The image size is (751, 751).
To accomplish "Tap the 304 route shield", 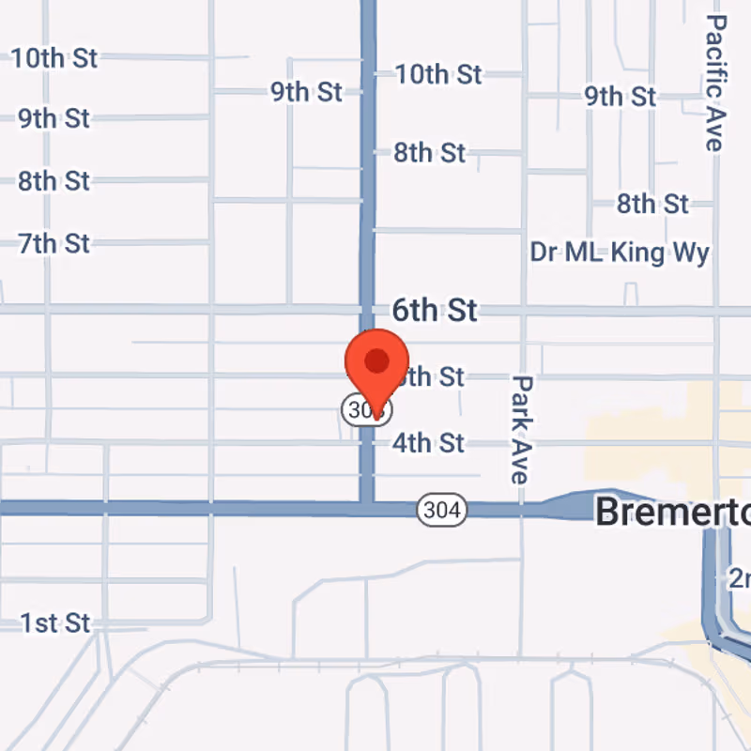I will point(441,510).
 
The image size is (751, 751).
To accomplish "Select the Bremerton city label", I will point(672,512).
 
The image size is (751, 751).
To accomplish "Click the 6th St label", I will point(435,311).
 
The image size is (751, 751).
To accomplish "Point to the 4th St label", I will point(428,442).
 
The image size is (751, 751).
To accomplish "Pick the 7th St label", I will point(54,244).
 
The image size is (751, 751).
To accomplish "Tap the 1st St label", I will point(55,622).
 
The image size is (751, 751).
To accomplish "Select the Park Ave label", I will point(522,429).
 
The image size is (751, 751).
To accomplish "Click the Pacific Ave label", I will point(716,82).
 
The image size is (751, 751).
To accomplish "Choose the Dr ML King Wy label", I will point(620,253).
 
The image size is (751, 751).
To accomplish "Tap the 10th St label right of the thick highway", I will point(438,73).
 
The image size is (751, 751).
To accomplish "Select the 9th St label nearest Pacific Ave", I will point(620,96).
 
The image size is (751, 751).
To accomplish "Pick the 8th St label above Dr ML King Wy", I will point(652,204).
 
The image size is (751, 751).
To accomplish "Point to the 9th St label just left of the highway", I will point(306,92).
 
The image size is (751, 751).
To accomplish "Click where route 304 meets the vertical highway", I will point(367,509).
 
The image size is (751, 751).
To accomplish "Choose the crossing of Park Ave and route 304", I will point(522,510).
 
